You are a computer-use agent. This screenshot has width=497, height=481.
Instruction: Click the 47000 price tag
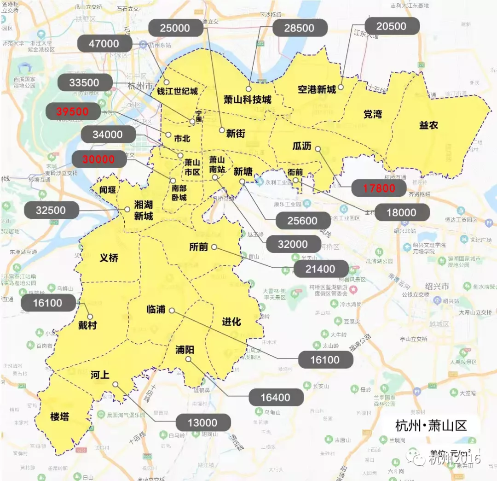coord(104,44)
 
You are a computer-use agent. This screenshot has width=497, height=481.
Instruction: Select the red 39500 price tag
coord(74,111)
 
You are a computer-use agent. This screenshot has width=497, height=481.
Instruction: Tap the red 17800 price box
coord(379,188)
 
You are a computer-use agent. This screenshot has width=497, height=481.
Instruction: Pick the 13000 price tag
coord(202,422)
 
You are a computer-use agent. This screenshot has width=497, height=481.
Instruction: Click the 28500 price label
coord(299,28)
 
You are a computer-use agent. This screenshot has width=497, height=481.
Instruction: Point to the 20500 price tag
coord(391,26)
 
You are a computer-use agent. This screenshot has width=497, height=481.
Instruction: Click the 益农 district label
coord(428,125)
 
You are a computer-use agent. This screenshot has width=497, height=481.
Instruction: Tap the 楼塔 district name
coord(59,416)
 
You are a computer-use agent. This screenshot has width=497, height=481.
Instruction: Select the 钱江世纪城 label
coord(177,91)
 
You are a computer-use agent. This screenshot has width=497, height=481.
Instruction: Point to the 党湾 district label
coord(372,114)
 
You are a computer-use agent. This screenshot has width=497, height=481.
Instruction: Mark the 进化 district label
coord(231,322)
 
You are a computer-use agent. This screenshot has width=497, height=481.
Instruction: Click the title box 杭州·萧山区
coord(431,425)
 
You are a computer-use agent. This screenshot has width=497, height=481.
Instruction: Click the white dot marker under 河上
coord(115,384)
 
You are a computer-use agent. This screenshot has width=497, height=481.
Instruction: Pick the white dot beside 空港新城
coord(341,87)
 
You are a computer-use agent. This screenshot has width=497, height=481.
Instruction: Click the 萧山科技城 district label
coord(247,99)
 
